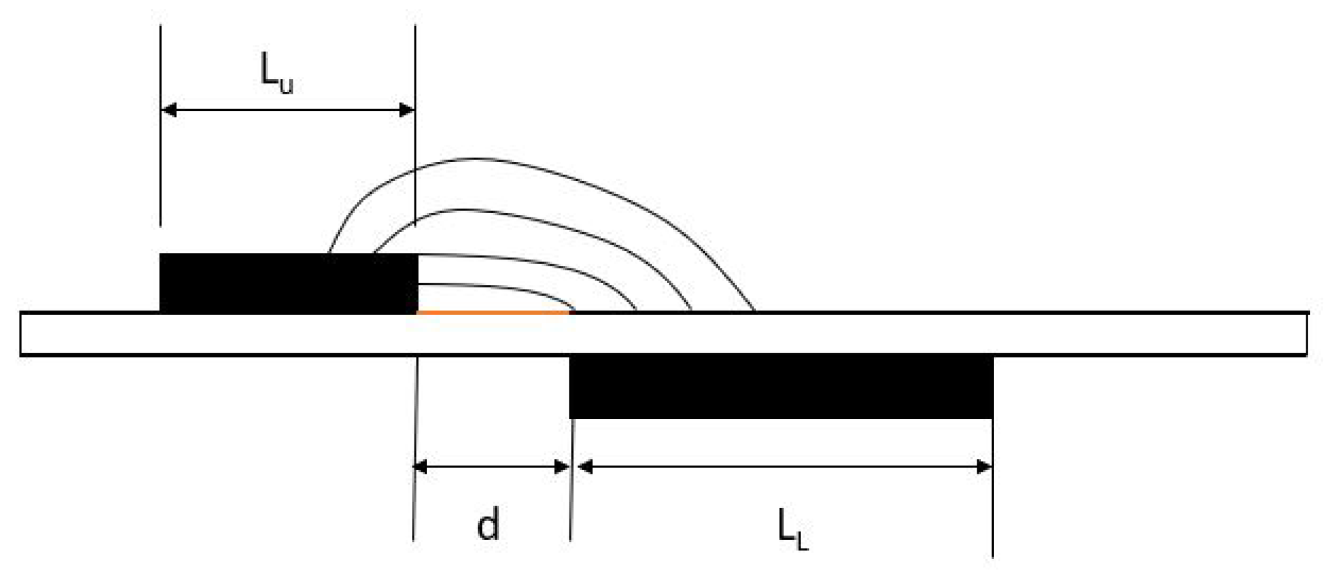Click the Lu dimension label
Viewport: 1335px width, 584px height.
click(277, 73)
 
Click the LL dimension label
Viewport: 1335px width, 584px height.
click(792, 530)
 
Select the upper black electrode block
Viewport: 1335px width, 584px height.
click(288, 282)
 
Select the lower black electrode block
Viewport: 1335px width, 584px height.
click(781, 386)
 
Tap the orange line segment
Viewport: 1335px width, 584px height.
click(492, 312)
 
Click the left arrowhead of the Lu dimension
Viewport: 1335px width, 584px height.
click(169, 110)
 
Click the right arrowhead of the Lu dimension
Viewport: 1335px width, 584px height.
click(406, 110)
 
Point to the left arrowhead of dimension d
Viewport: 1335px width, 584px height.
click(421, 467)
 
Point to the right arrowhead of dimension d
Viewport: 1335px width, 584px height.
click(562, 467)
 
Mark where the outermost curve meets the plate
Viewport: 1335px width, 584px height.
click(754, 310)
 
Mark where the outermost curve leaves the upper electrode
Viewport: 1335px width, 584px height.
click(329, 252)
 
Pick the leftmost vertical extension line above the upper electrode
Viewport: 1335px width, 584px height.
click(161, 128)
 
